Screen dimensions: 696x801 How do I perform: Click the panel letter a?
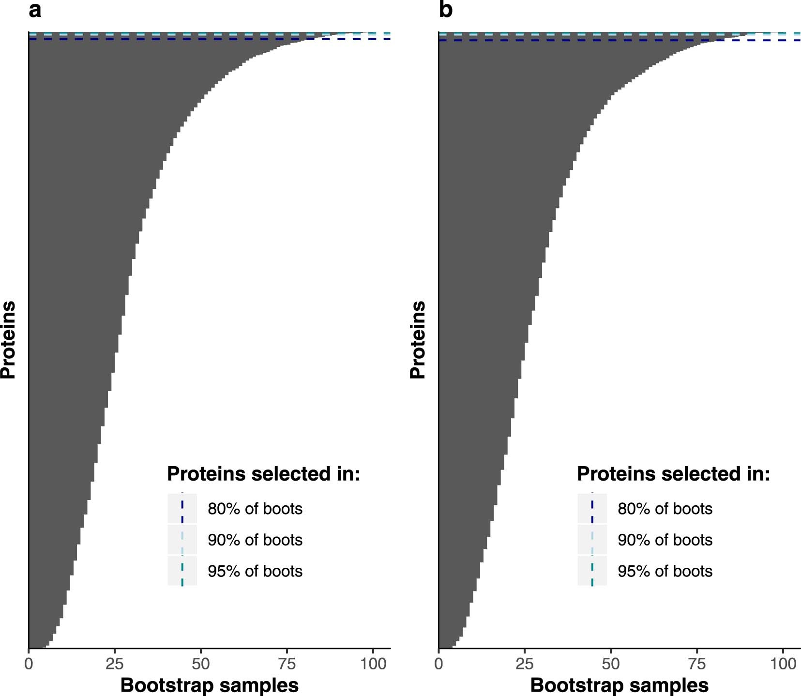point(35,10)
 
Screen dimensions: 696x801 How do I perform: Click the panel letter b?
point(445,10)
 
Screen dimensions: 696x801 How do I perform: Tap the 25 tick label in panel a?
point(115,664)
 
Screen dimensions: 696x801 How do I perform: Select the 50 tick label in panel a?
point(201,664)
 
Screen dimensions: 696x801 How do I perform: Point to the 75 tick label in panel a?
point(287,664)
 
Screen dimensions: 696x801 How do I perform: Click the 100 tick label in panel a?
point(373,664)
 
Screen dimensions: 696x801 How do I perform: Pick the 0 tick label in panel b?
point(438,664)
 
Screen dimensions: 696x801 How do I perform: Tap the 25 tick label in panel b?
point(525,664)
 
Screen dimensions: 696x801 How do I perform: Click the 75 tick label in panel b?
point(697,664)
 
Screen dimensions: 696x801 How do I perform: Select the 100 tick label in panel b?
point(783,664)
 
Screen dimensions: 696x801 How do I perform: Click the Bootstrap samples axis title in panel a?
point(209,685)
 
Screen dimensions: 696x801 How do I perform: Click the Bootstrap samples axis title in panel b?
point(619,685)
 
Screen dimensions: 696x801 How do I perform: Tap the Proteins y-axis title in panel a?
point(9,340)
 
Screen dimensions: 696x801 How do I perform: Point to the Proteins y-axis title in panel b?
point(418,340)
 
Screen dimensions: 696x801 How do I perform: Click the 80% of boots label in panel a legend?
point(255,509)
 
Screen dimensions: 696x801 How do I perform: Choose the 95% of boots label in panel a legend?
point(255,571)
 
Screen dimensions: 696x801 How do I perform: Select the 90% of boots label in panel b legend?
point(665,540)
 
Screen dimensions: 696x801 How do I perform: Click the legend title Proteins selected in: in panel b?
point(673,474)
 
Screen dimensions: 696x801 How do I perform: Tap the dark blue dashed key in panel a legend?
point(182,509)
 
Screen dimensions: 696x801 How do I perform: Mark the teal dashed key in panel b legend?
point(592,571)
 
